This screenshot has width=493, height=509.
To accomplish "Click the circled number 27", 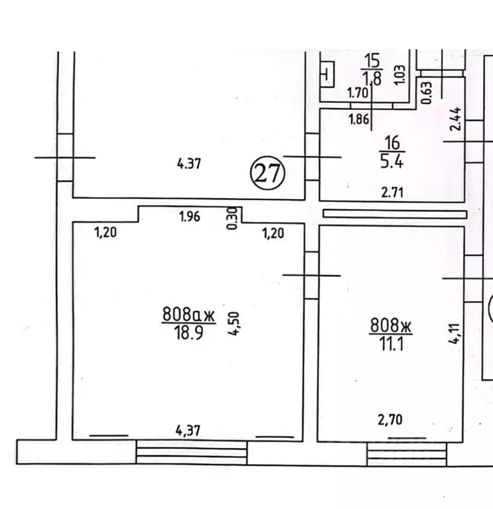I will tap(267, 174).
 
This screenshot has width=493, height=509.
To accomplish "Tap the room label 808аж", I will tap(188, 315).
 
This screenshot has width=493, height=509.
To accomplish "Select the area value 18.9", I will tap(188, 332).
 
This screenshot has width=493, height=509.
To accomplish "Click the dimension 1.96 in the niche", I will tap(190, 215).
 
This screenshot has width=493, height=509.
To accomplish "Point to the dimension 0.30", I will tap(232, 218).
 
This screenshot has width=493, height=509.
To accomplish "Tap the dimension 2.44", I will tap(455, 119).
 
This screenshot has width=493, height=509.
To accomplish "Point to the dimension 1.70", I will tap(358, 93).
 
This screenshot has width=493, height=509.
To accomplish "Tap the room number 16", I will tap(391, 142).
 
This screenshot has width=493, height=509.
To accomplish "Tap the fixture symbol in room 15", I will tap(328, 74).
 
